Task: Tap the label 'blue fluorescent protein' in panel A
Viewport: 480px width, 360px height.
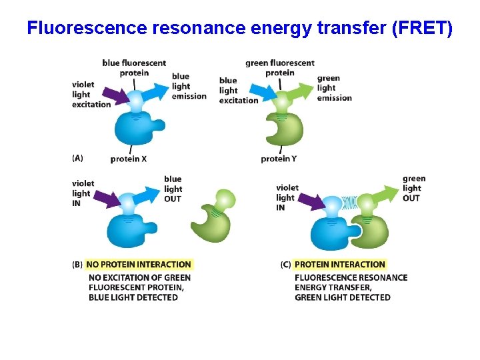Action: click(134, 68)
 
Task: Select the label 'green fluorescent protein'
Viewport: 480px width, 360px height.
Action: click(279, 68)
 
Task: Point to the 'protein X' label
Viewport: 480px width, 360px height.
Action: click(129, 159)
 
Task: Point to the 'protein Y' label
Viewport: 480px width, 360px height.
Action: click(279, 159)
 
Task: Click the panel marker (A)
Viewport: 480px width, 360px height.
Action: click(77, 158)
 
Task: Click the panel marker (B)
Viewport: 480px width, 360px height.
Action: click(77, 264)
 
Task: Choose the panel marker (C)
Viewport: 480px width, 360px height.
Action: click(285, 264)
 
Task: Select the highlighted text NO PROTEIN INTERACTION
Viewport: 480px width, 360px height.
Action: click(139, 264)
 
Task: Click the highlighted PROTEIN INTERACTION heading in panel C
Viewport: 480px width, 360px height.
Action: click(340, 264)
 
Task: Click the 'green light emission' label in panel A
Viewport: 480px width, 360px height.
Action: click(334, 88)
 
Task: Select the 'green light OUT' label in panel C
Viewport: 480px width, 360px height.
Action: click(413, 188)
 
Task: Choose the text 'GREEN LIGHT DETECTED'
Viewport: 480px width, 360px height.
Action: click(342, 297)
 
